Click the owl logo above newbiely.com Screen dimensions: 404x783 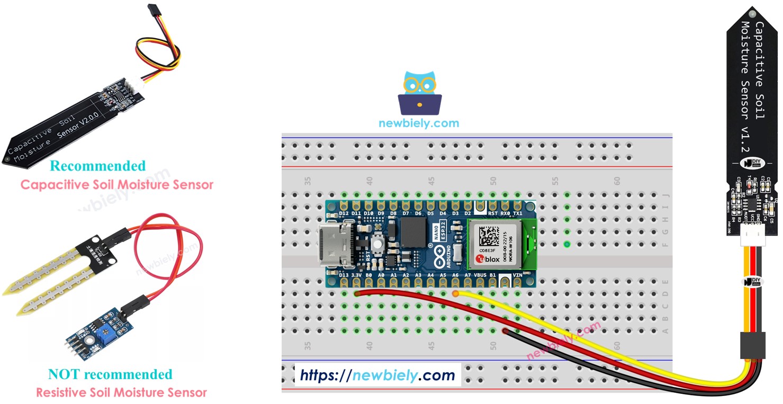click(x=419, y=94)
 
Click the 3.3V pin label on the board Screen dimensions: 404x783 click(x=357, y=276)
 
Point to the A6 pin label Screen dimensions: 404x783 click(x=455, y=276)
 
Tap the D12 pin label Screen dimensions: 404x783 click(x=344, y=213)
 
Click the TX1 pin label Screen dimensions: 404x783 click(x=517, y=213)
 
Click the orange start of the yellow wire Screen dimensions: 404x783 click(x=456, y=293)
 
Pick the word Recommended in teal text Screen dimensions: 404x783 click(x=97, y=166)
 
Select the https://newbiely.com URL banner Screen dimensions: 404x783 click(x=377, y=375)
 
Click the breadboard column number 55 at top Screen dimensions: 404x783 click(x=555, y=181)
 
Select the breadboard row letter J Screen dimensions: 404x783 click(x=665, y=195)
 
